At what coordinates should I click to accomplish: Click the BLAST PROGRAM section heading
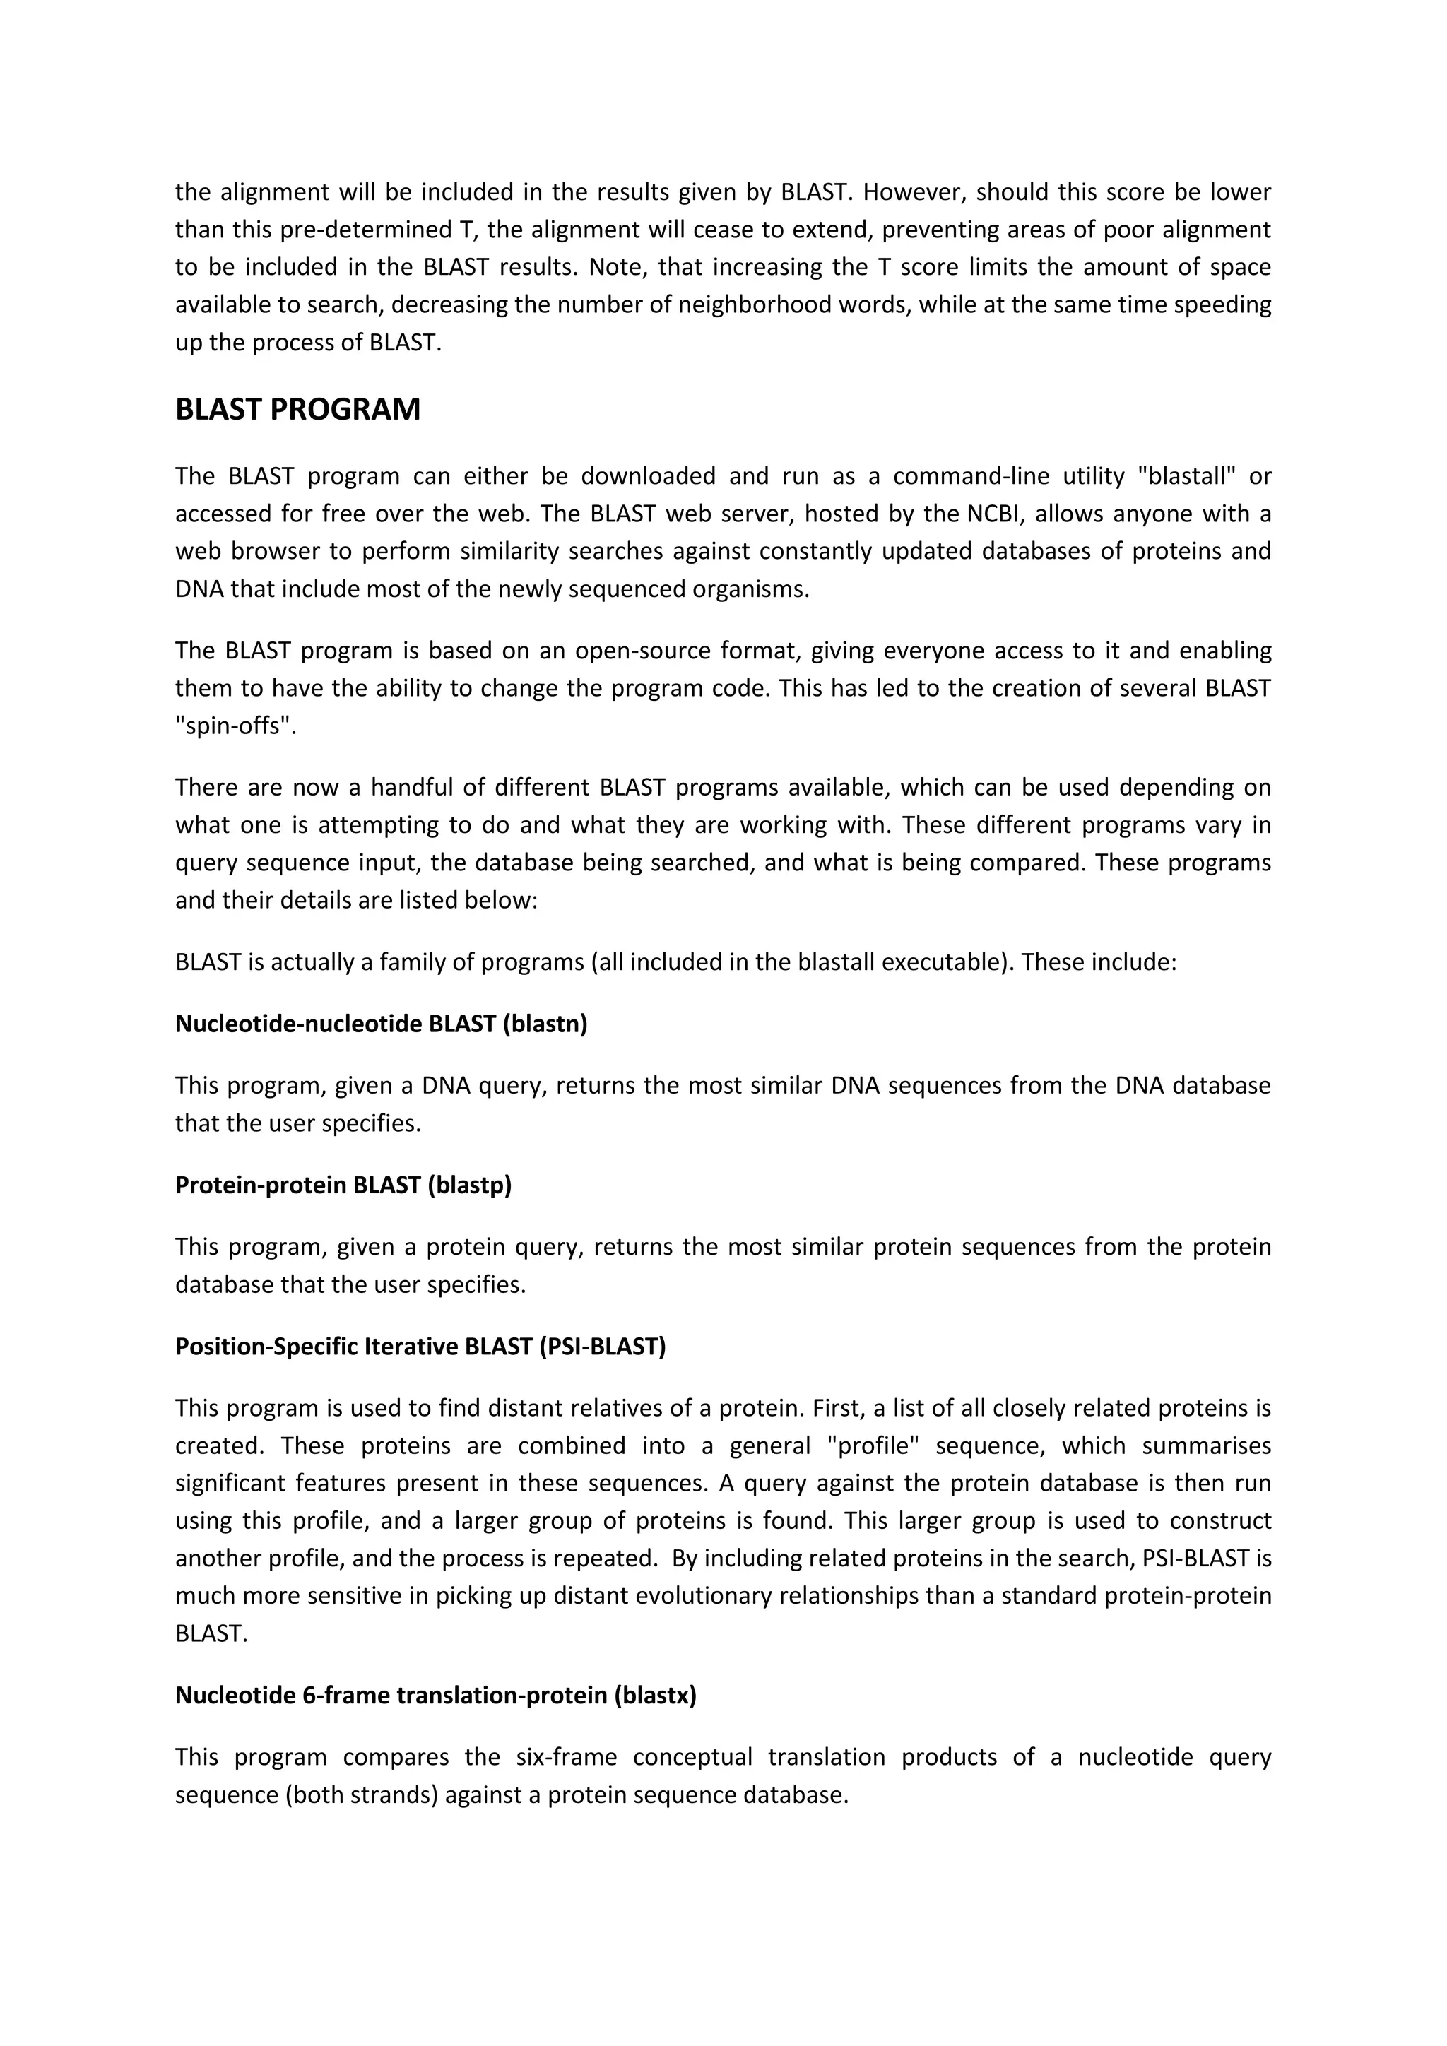pyautogui.click(x=297, y=410)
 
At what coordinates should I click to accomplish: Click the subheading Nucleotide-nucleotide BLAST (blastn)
pyautogui.click(x=382, y=1024)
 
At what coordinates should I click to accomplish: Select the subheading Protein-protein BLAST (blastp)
pyautogui.click(x=343, y=1185)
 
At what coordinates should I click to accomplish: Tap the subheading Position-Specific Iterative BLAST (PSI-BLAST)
pyautogui.click(x=420, y=1347)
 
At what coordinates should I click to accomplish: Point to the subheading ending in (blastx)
pyautogui.click(x=436, y=1696)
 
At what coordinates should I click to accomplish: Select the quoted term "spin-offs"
pyautogui.click(x=235, y=726)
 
